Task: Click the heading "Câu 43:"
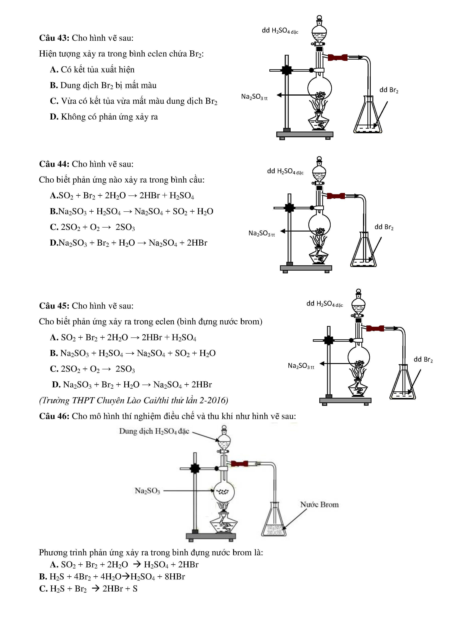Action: (54, 38)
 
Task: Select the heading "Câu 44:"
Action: (54, 164)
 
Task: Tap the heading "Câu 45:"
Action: (54, 306)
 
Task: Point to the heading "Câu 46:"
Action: (54, 416)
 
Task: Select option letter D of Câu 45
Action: (56, 385)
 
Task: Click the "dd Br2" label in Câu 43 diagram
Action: (389, 90)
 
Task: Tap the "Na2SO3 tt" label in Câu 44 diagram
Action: (261, 233)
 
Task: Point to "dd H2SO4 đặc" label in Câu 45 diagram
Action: (324, 304)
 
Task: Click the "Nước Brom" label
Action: (319, 505)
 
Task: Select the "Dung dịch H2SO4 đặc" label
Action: (154, 431)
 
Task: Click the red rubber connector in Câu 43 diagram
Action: (337, 58)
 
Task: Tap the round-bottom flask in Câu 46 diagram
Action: (224, 492)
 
